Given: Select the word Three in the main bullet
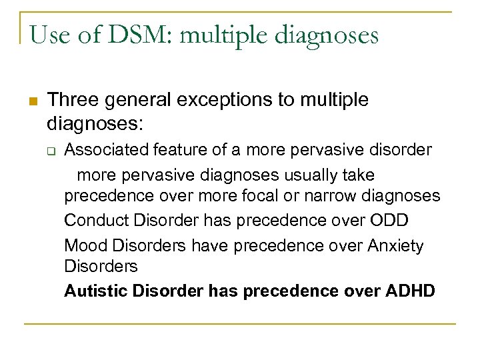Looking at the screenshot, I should tap(73, 100).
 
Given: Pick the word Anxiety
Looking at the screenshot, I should tap(395, 246).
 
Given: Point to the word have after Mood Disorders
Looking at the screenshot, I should tap(208, 245).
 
